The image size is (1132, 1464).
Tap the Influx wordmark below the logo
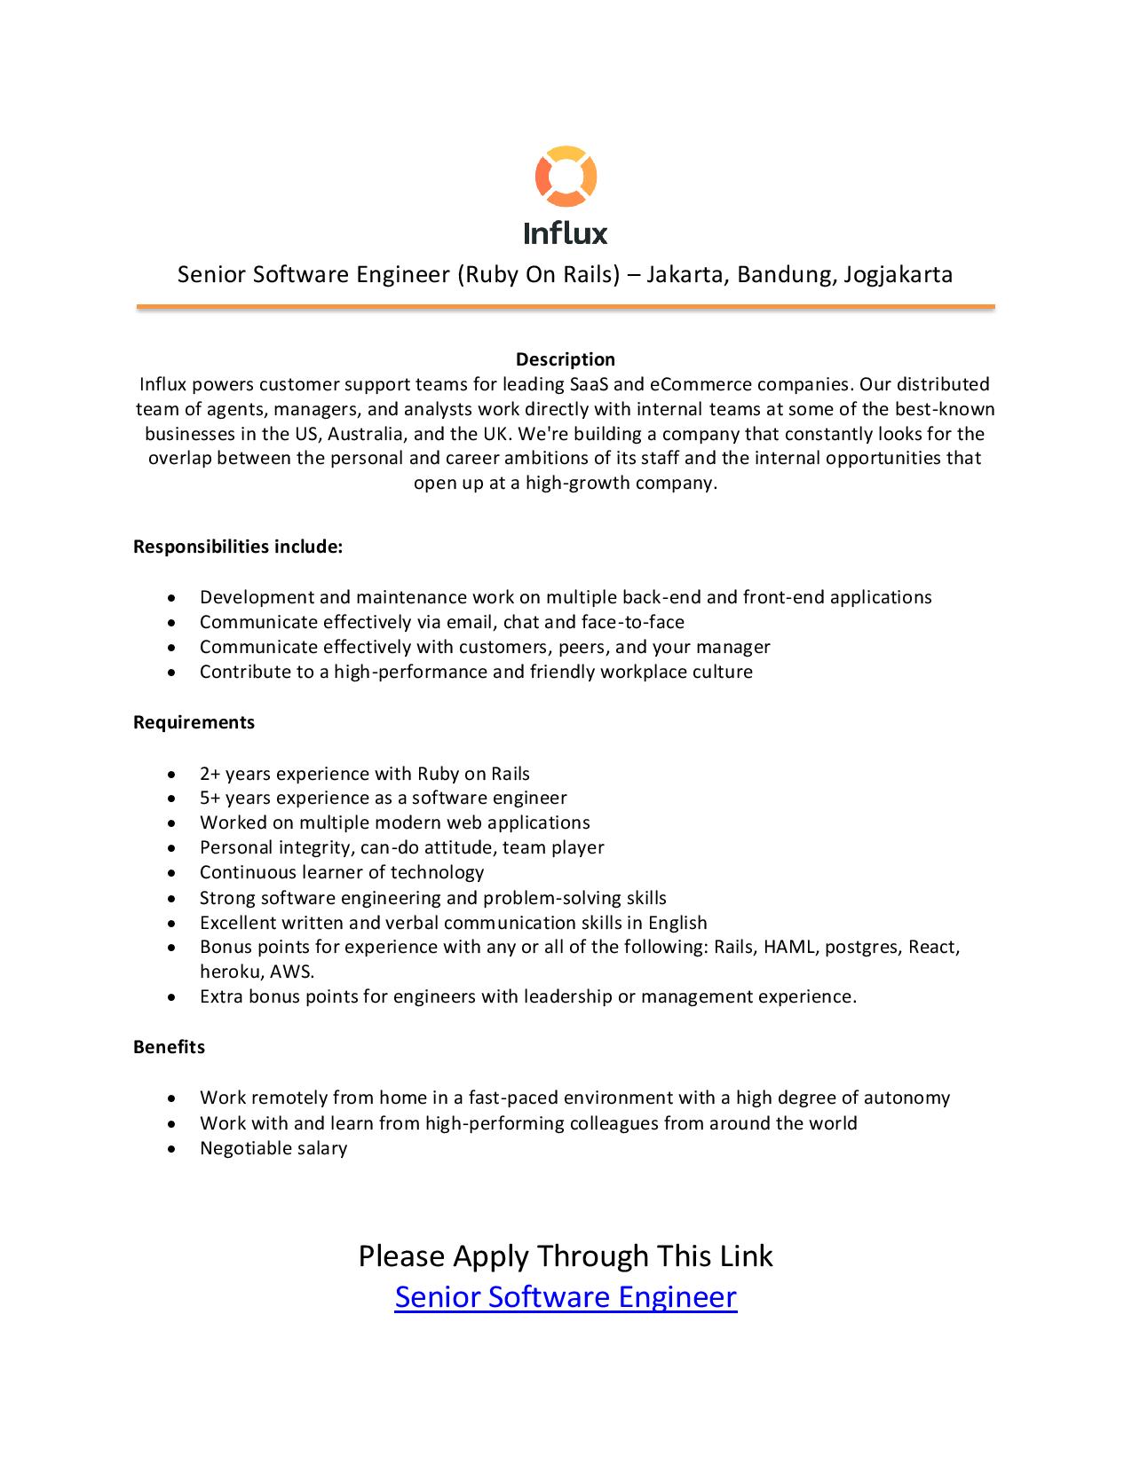[566, 233]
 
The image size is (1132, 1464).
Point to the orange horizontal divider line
[566, 307]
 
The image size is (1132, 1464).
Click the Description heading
[566, 359]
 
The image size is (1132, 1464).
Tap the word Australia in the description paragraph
[361, 434]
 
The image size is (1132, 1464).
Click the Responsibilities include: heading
[238, 547]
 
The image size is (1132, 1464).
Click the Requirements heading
[194, 722]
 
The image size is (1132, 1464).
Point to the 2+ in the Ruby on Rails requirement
[210, 774]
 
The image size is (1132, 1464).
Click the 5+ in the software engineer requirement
[210, 799]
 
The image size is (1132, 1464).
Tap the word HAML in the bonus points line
[789, 947]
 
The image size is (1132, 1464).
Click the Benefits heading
[169, 1047]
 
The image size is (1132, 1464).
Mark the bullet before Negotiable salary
[171, 1149]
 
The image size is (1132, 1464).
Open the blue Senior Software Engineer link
[566, 1297]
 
